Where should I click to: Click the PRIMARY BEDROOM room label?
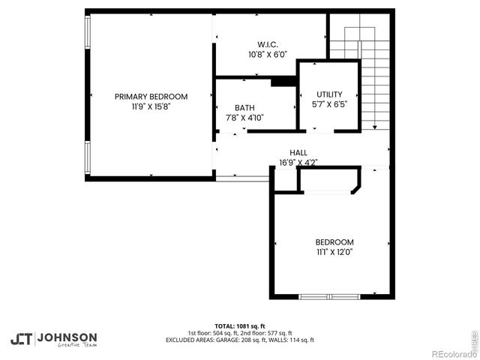151,96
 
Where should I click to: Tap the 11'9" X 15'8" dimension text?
151,106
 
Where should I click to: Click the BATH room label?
244,108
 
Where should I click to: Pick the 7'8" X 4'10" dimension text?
244,118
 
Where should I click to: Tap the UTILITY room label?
329,94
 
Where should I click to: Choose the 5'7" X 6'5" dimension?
329,104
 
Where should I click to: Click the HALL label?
298,152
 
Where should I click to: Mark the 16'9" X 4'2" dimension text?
298,162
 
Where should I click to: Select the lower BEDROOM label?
334,242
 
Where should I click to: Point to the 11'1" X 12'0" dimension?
334,252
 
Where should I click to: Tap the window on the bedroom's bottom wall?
329,296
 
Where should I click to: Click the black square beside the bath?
283,82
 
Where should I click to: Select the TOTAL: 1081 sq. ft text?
240,326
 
